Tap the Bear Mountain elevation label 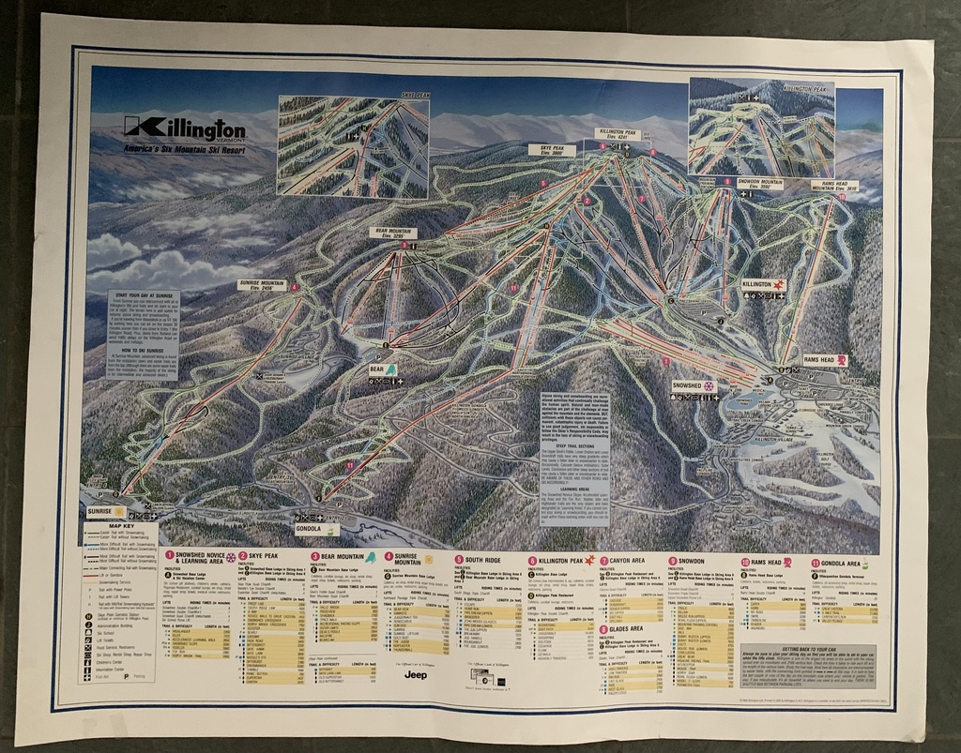(396, 233)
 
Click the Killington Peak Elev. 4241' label (618, 135)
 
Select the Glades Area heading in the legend (624, 628)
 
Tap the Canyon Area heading (628, 560)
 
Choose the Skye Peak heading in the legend (259, 556)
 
